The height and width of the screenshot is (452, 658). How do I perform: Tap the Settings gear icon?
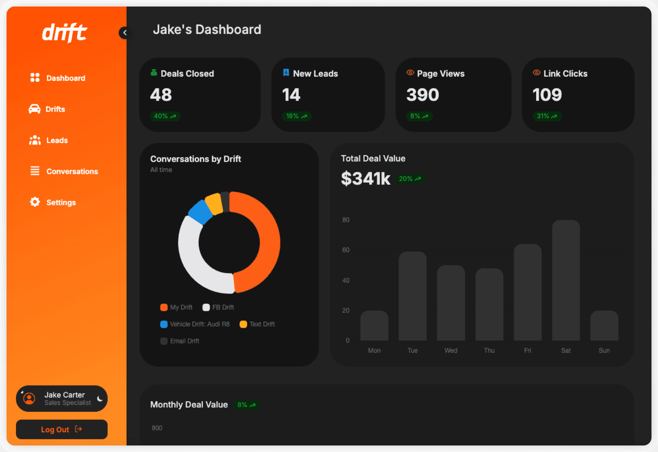click(x=35, y=202)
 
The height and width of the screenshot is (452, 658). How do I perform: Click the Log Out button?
click(x=61, y=430)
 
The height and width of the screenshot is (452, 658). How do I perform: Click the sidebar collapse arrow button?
click(x=124, y=33)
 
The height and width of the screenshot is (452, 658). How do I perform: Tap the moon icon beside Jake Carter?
click(x=100, y=399)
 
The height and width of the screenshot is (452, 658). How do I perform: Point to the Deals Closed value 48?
click(x=161, y=95)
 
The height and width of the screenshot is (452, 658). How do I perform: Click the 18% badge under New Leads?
click(x=296, y=116)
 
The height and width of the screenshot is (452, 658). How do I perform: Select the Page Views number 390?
click(x=423, y=95)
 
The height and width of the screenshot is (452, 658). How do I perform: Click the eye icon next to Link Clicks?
click(x=537, y=73)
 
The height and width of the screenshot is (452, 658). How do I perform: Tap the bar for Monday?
click(x=374, y=325)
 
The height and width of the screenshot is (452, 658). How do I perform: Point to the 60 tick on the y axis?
click(x=346, y=250)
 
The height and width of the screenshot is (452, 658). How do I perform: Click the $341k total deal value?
click(x=365, y=178)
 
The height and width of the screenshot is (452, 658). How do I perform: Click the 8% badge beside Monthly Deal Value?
click(x=246, y=405)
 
